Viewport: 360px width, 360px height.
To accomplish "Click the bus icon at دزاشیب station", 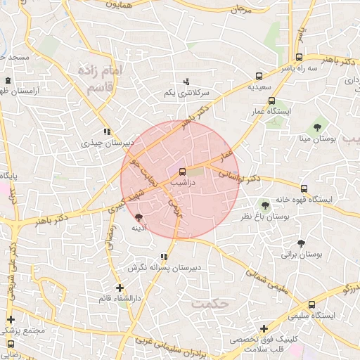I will point(183,171).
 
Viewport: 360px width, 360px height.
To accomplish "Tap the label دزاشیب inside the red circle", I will point(183,181).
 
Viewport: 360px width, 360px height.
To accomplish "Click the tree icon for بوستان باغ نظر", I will point(265,205).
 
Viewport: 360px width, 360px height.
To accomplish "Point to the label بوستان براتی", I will point(301,255).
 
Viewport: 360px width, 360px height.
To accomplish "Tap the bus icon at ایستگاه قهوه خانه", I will point(304,188).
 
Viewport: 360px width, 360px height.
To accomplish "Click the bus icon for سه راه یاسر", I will point(300,58).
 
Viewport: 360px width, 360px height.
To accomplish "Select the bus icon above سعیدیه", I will point(259,75).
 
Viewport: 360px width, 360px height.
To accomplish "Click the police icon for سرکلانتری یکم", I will point(187,82).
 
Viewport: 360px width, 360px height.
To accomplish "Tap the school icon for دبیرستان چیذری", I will point(106,131).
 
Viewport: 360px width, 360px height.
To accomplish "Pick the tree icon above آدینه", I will point(139,217).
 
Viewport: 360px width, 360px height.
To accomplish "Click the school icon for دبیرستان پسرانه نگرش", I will point(164,257).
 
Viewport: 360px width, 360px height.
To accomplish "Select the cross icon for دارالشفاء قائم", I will point(120,288).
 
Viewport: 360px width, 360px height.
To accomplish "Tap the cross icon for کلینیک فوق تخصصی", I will point(264,328).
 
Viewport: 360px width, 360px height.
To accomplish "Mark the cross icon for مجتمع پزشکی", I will point(11,319).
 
